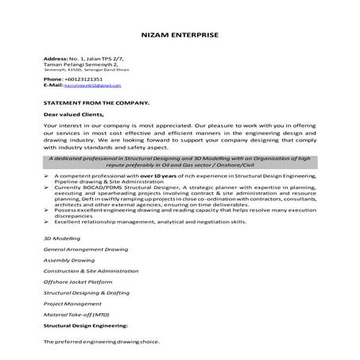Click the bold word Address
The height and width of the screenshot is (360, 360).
pyautogui.click(x=54, y=59)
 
